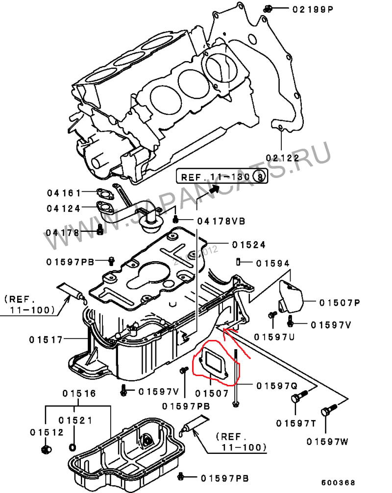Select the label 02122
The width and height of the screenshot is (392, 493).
coord(282,157)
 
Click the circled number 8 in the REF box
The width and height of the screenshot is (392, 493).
coord(261,177)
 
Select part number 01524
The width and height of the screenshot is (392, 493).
coord(249,244)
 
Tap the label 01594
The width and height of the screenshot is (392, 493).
coord(273,263)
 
